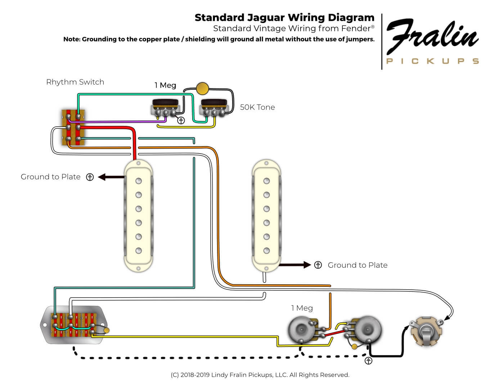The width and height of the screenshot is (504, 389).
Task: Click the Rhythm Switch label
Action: pos(75,82)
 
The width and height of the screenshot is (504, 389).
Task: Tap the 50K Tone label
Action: pos(257,107)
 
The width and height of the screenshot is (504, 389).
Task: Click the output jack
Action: pos(427,331)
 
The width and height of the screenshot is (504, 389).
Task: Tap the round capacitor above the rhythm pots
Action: pos(202,88)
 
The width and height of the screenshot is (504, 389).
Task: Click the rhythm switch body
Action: pos(73,127)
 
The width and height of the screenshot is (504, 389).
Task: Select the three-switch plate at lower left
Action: pos(74,325)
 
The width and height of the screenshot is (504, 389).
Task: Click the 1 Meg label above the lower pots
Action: pos(302,308)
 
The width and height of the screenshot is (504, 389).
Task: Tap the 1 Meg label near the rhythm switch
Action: pos(165,85)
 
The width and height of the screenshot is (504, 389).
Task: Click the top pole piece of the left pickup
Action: pos(139,181)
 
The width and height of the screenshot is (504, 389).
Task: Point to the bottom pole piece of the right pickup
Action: pos(266,250)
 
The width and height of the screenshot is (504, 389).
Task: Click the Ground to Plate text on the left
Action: pos(50,177)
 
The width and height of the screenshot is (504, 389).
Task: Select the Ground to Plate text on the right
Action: pos(357,265)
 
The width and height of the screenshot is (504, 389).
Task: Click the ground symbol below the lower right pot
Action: pos(368,361)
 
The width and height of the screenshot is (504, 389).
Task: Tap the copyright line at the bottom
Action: pos(260,375)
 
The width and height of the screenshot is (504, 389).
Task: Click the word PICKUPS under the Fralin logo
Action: pos(432,61)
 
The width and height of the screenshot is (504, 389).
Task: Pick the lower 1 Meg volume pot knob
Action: pos(302,330)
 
